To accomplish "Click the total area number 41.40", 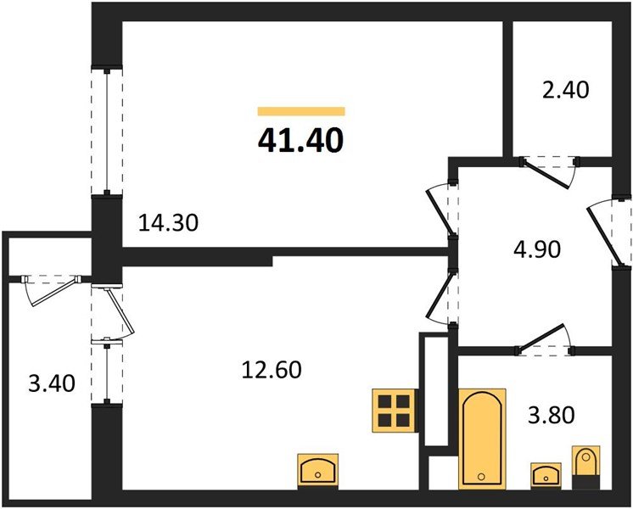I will [x=301, y=138].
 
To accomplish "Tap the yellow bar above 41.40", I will [x=301, y=111].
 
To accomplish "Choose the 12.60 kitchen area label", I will [x=272, y=370].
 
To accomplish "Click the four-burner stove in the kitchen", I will [x=393, y=410].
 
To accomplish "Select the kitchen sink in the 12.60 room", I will [x=319, y=469].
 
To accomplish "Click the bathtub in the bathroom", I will [x=482, y=439].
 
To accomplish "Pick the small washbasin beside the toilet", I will [x=544, y=473].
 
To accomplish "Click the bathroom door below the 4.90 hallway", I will [x=545, y=340].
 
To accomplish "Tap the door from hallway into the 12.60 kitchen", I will [x=443, y=296].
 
